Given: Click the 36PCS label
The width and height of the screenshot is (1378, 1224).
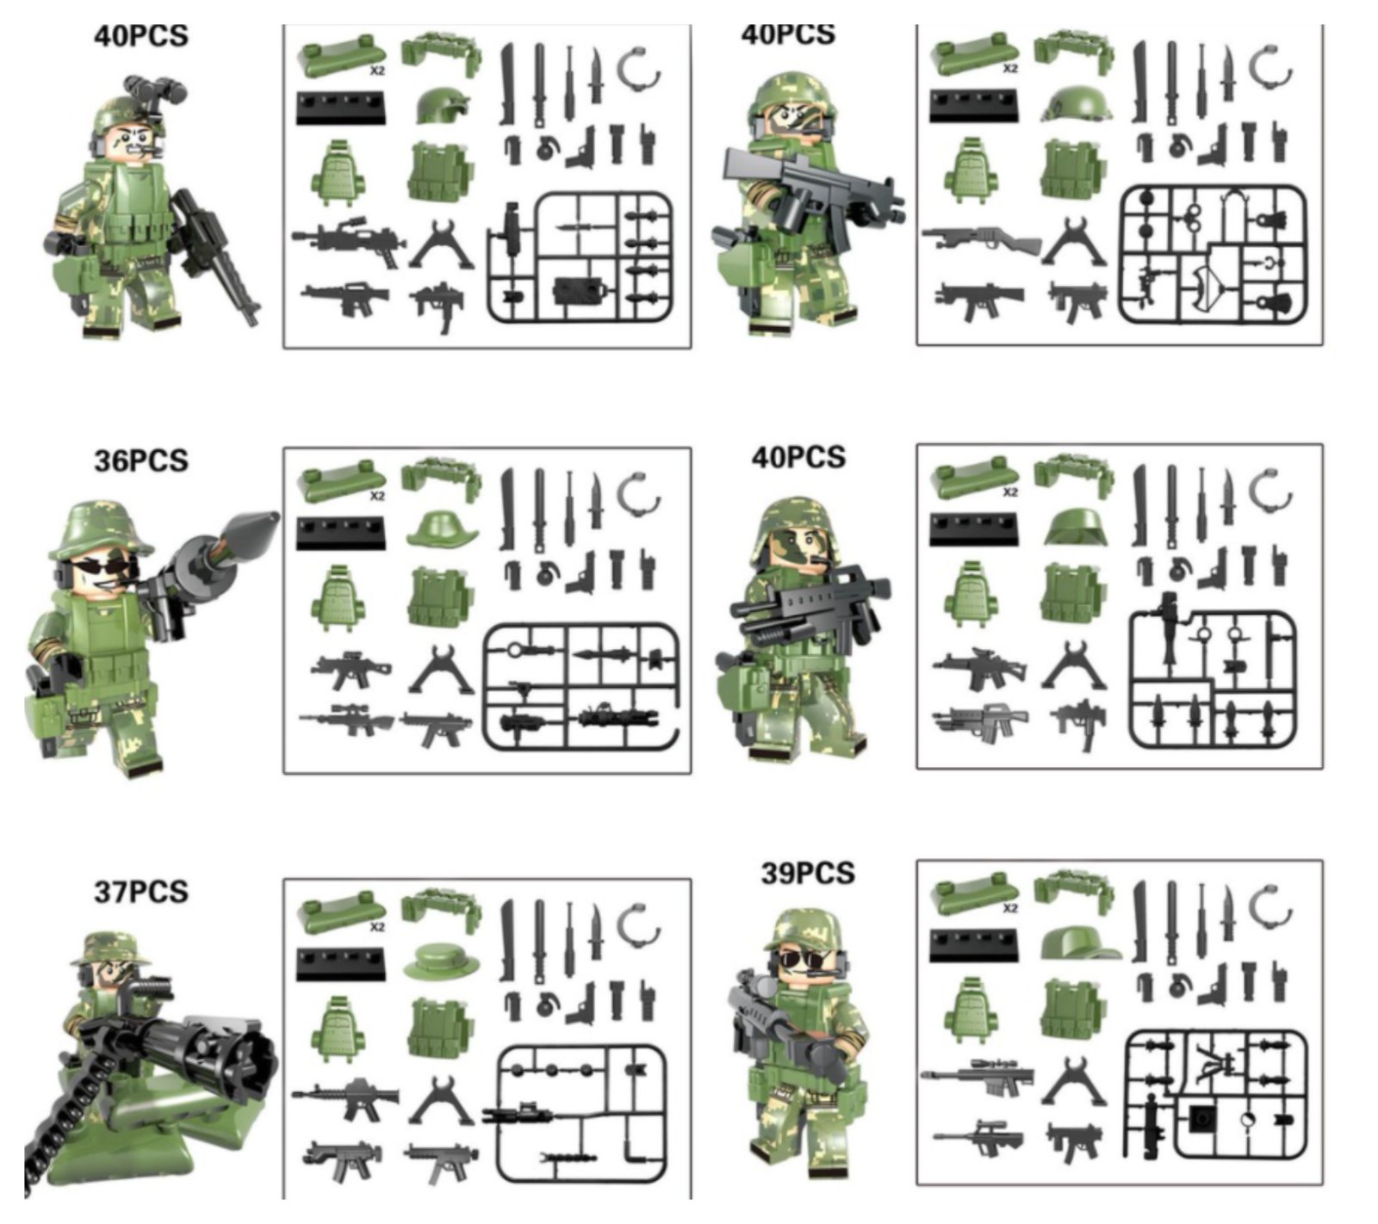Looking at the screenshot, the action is (x=140, y=461).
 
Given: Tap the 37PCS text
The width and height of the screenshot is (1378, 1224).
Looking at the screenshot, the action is (x=140, y=892).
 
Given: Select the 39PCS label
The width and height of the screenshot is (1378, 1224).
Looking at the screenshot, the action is (x=807, y=874).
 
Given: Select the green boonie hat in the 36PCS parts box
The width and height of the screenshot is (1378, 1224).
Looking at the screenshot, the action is (x=442, y=529).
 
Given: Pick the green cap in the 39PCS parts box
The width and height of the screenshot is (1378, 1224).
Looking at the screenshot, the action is (x=1079, y=943).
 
